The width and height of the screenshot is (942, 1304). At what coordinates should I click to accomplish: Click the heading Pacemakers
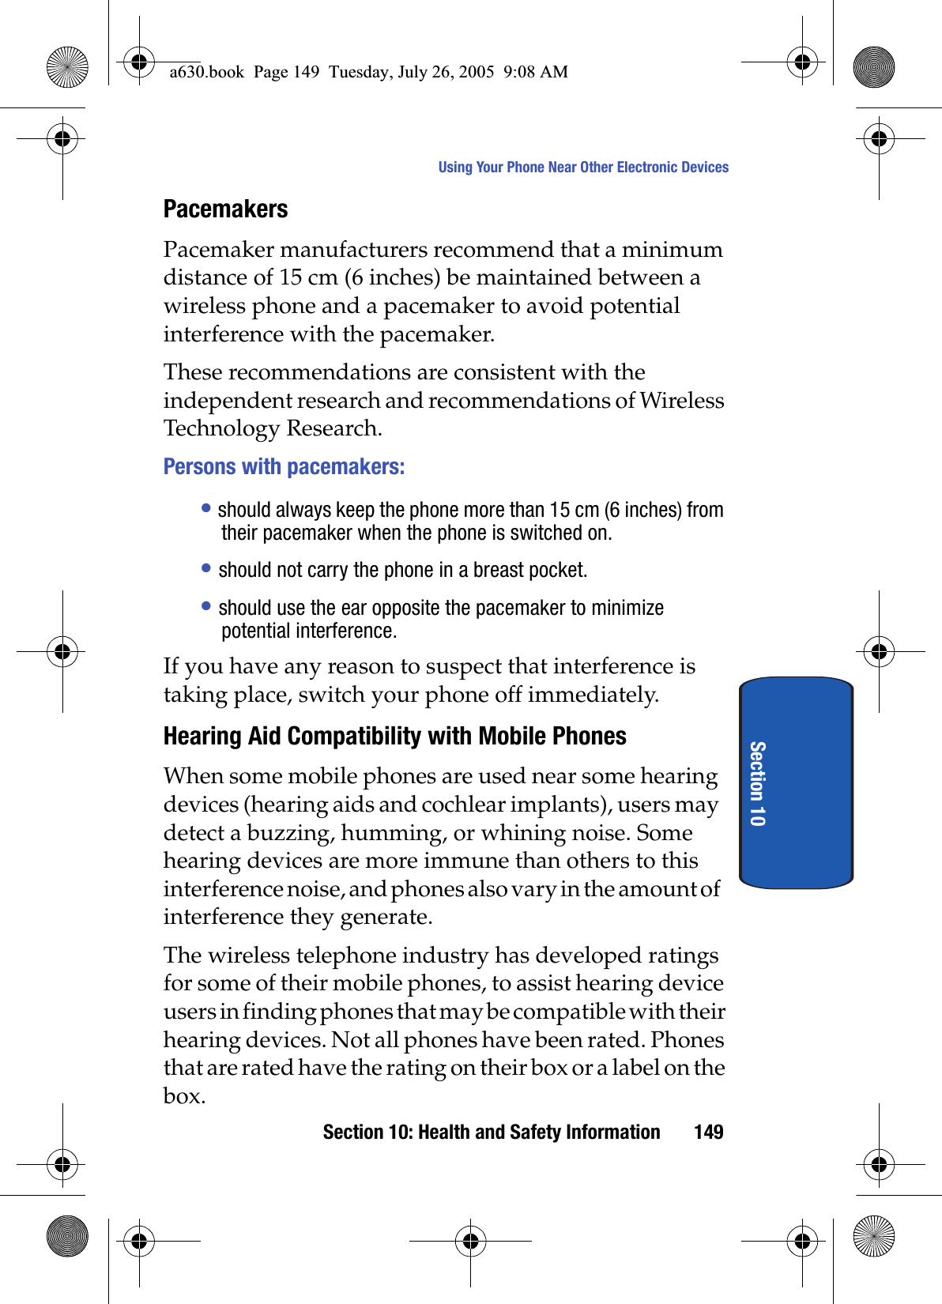pos(225,209)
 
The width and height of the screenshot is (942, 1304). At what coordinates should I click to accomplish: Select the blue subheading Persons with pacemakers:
pos(284,467)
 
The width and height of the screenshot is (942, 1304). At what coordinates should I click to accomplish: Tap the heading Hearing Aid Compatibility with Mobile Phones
pos(394,737)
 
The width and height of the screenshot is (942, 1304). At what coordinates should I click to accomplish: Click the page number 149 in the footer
pos(708,1133)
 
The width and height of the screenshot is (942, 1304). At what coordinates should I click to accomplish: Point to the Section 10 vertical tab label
pos(757,783)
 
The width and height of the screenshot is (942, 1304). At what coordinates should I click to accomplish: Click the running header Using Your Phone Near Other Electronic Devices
pos(583,168)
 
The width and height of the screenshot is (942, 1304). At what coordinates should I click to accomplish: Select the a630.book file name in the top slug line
pos(207,72)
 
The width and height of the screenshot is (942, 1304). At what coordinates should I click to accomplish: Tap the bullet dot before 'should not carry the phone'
pos(206,567)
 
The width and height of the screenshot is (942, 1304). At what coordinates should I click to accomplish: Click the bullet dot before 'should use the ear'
pos(206,605)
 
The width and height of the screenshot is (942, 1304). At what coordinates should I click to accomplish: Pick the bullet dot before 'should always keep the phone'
pos(206,507)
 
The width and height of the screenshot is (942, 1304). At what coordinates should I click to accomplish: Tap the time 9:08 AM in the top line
pos(535,72)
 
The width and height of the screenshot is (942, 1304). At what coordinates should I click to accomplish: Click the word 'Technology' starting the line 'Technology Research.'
pos(221,428)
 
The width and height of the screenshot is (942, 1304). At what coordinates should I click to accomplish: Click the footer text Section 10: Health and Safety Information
pos(491,1133)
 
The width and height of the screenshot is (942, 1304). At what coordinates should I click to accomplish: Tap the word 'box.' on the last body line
pos(184,1096)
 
